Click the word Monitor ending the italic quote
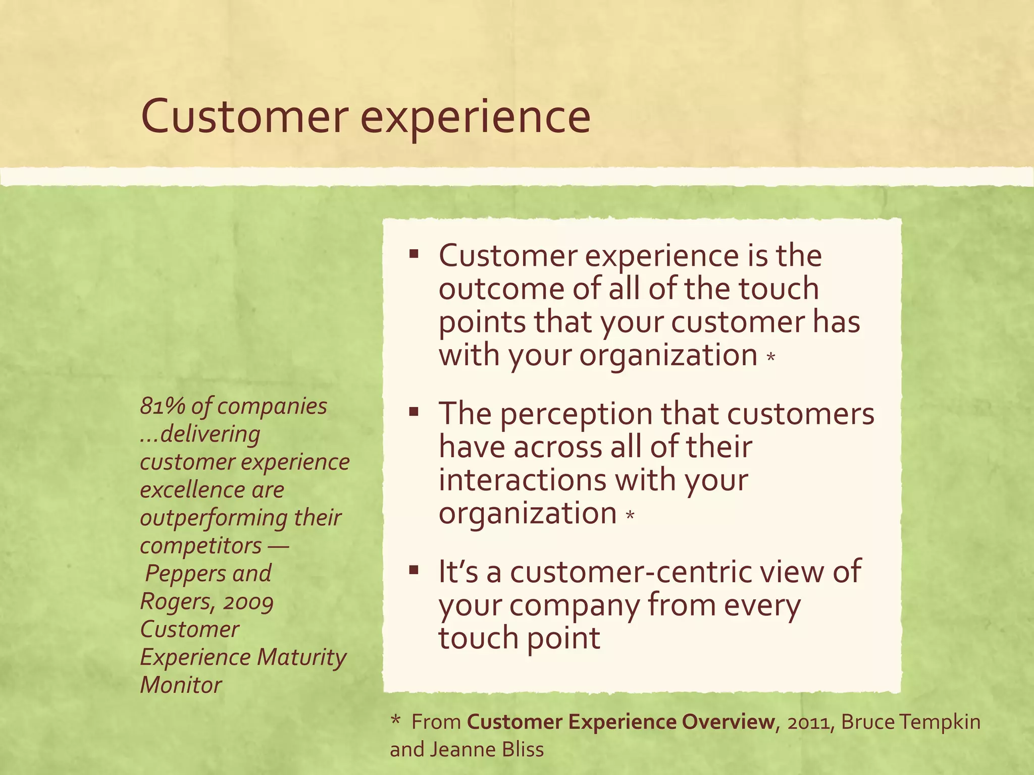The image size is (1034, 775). [x=181, y=685]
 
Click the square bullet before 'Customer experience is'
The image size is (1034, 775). [x=415, y=253]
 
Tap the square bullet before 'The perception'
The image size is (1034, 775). [x=415, y=412]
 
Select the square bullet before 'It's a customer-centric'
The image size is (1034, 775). [x=415, y=570]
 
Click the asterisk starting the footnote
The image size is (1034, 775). [x=396, y=721]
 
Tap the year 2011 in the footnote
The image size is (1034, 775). [x=809, y=723]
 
